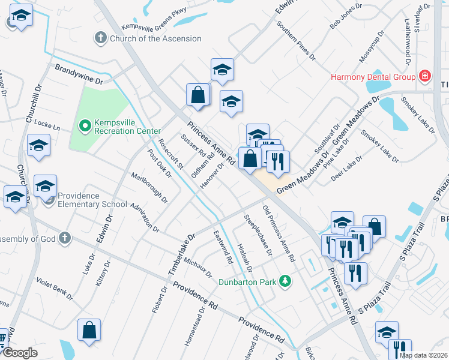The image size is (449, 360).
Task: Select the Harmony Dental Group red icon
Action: [425, 76]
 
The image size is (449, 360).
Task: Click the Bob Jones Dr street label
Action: [348, 20]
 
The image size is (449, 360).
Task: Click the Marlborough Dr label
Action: [149, 187]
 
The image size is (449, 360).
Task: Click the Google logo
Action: [19, 353]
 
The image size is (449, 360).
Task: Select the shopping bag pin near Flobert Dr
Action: [89, 330]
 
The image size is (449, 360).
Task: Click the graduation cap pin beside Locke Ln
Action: [39, 146]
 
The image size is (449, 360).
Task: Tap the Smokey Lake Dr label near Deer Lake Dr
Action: [380, 146]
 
